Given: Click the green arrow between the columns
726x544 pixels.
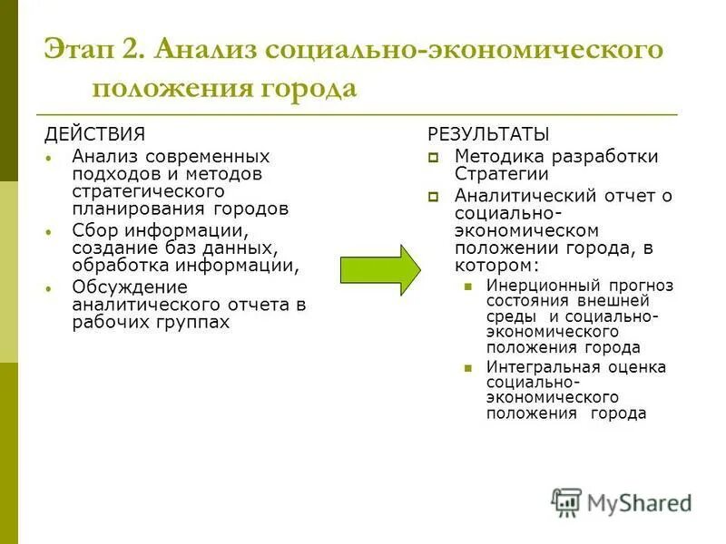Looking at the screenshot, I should [x=379, y=269].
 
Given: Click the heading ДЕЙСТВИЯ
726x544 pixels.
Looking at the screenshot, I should [x=95, y=135].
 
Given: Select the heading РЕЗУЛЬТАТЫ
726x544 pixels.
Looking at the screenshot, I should [x=488, y=135].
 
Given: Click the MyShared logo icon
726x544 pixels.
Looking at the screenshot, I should [x=566, y=502].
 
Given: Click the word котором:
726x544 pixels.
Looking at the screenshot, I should [x=496, y=266].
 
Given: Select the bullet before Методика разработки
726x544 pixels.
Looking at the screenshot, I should [x=433, y=158].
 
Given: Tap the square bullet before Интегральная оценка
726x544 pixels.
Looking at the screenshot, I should [x=467, y=368].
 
